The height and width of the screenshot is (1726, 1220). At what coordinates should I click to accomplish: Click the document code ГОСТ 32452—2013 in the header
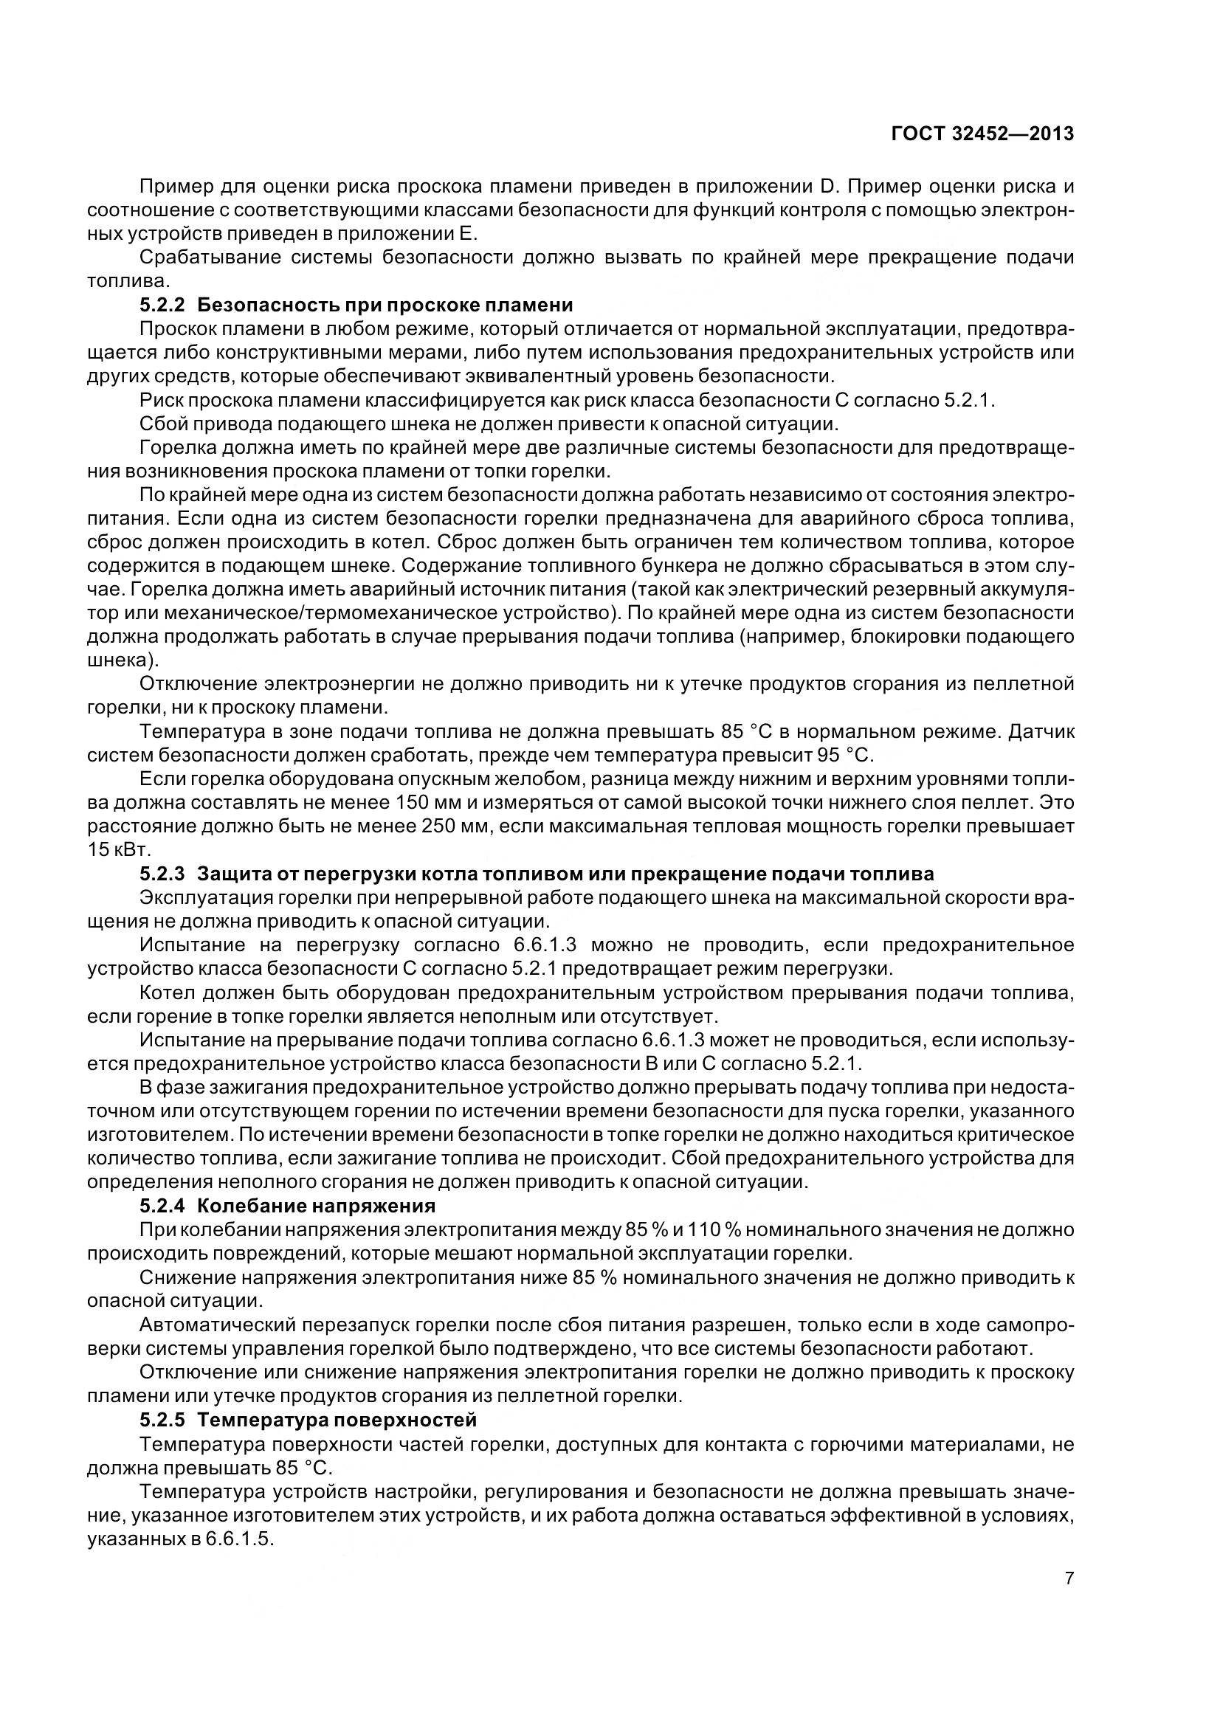[982, 134]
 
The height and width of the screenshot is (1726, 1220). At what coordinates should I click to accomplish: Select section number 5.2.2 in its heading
[162, 305]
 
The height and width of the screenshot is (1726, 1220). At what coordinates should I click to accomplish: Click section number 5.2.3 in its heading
[162, 874]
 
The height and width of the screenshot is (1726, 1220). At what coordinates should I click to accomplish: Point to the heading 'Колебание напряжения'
[316, 1206]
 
